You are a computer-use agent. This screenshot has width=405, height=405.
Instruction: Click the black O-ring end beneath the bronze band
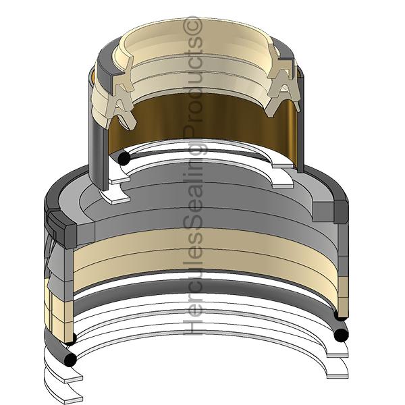click(x=124, y=158)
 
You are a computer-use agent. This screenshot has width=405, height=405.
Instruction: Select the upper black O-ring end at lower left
click(x=70, y=339)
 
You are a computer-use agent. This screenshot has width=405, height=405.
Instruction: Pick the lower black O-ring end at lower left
click(x=70, y=359)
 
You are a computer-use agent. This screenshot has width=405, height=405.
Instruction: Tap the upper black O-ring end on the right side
click(x=341, y=315)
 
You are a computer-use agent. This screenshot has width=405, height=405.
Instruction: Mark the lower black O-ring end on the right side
click(x=341, y=335)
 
